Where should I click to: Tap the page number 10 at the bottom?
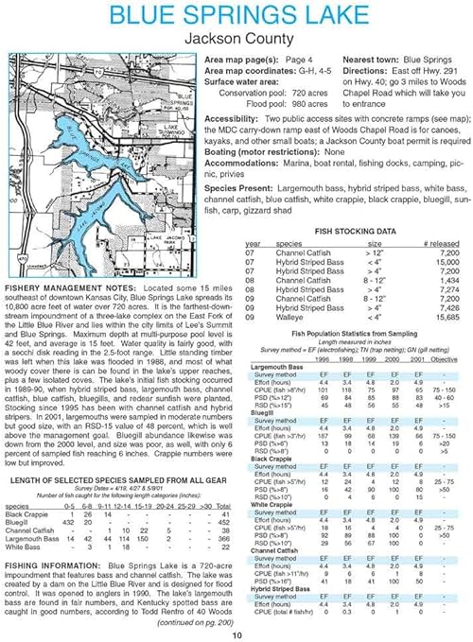click(x=236, y=634)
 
